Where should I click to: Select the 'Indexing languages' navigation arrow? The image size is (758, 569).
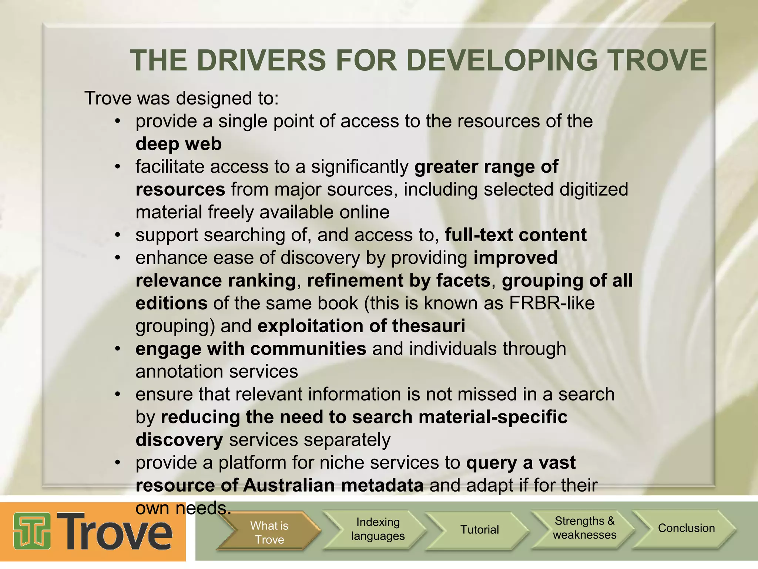coord(378,529)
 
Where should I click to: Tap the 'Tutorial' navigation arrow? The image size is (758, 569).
coord(479,530)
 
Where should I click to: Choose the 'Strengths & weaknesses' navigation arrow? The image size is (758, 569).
coord(584,528)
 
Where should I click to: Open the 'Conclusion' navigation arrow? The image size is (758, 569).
coord(686,528)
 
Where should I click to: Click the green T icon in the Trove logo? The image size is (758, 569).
coord(32,531)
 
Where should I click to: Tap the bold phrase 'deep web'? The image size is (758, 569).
coord(178,144)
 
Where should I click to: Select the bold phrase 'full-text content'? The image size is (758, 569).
coord(516,235)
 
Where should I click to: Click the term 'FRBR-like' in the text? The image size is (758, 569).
coord(552,303)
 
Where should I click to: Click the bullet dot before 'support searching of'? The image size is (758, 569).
coord(118,235)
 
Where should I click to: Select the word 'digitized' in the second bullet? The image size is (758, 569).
coord(593,190)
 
